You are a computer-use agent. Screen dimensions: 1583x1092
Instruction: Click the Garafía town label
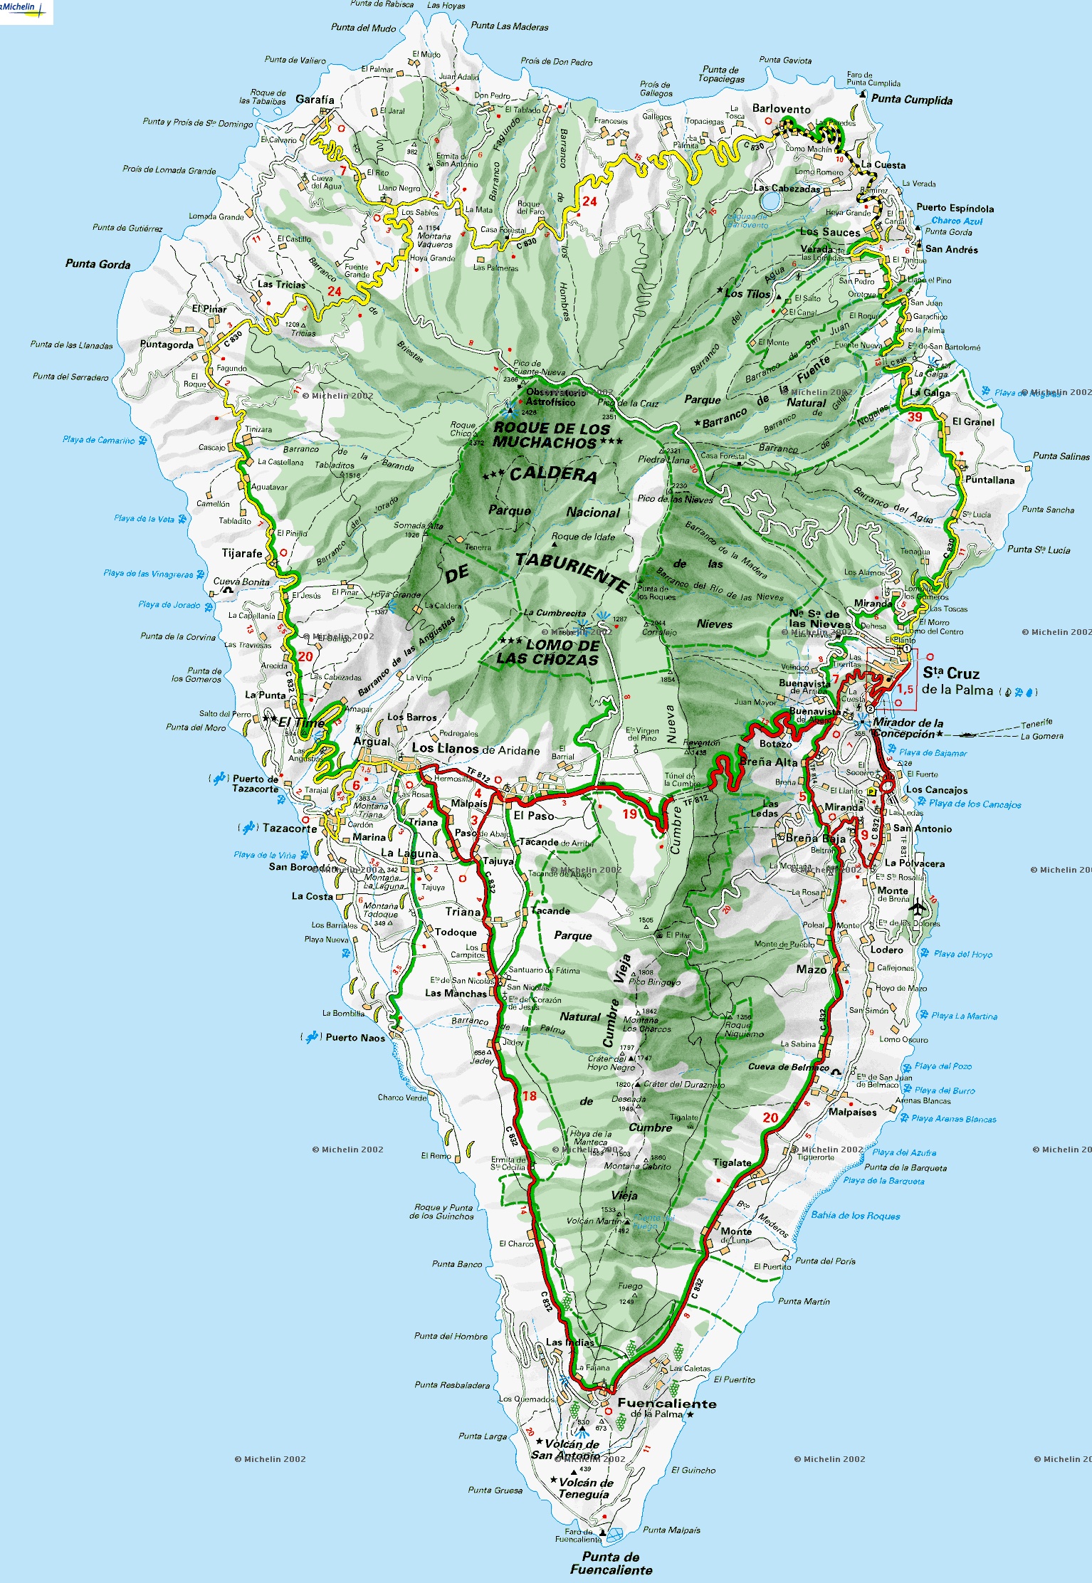(x=314, y=100)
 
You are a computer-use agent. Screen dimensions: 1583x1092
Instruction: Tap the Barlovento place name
(x=781, y=109)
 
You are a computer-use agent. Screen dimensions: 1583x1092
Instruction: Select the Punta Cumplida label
(x=911, y=100)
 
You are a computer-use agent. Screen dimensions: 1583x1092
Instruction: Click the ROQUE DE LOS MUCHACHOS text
(x=551, y=435)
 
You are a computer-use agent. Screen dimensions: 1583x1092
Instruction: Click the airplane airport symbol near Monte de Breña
(x=918, y=908)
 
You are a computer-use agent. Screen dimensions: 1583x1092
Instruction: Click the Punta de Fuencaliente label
(x=611, y=1563)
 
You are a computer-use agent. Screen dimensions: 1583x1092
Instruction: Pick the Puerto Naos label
(x=355, y=1037)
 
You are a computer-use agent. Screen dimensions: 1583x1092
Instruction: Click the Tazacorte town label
(x=289, y=828)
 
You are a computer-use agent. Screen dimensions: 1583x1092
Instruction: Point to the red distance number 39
(x=914, y=417)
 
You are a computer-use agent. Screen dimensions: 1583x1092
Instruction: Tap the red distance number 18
(x=529, y=1095)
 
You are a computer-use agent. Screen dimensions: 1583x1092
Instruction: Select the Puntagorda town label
(x=167, y=345)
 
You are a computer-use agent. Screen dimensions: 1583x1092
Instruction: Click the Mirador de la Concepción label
(x=907, y=727)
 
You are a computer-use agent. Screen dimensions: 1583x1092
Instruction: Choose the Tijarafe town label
(x=242, y=553)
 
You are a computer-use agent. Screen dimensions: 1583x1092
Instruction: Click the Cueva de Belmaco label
(x=788, y=1067)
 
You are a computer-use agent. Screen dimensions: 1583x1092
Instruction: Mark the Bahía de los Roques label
(x=855, y=1216)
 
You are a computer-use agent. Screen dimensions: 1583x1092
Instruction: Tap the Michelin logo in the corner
(x=26, y=11)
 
